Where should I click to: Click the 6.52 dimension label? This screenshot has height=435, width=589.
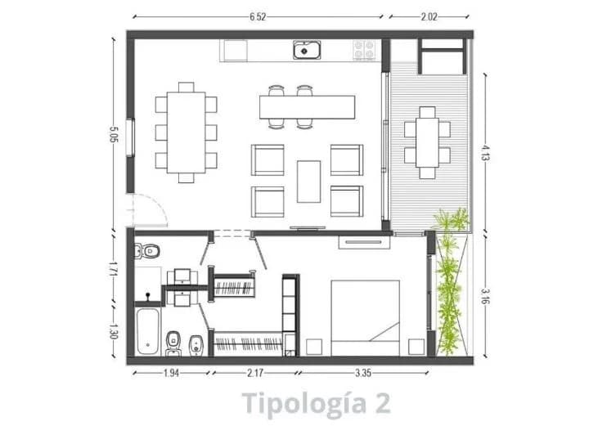(x=258, y=17)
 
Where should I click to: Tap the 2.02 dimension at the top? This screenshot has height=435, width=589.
(x=429, y=17)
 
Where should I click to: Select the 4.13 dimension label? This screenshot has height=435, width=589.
(x=485, y=152)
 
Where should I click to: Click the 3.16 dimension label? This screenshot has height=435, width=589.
(x=485, y=295)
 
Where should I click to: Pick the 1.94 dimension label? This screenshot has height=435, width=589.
(x=171, y=373)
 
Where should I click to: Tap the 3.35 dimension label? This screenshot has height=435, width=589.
(x=363, y=373)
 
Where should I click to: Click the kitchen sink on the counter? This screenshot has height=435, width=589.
(x=307, y=50)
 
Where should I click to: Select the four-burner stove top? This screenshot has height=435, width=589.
(x=364, y=51)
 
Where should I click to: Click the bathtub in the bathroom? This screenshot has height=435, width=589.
(x=147, y=332)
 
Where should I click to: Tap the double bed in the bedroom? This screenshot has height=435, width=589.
(x=365, y=318)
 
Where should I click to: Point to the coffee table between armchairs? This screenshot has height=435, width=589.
(x=308, y=182)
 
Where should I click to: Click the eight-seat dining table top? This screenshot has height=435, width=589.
(x=187, y=132)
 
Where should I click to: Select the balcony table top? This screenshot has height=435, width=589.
(x=428, y=142)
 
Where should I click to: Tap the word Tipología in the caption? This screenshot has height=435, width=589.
(x=303, y=403)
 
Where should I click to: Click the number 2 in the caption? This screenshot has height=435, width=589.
(x=383, y=402)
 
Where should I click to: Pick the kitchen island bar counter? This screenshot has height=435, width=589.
(x=308, y=107)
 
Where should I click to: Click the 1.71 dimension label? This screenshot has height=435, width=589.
(x=112, y=267)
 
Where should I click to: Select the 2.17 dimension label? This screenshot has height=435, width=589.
(x=255, y=373)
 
